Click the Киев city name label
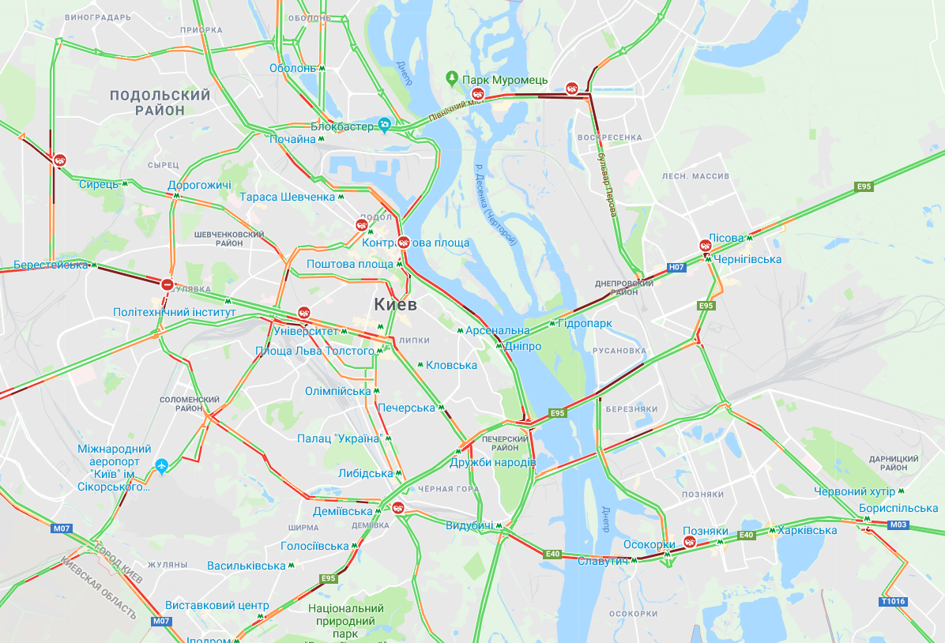[395, 304]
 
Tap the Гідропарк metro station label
[585, 323]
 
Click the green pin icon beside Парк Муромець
[451, 78]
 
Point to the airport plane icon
[163, 464]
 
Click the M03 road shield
[898, 525]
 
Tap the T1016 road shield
[893, 601]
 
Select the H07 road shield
[676, 268]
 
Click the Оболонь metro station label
[292, 68]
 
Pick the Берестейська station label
[51, 265]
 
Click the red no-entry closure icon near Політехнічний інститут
[167, 284]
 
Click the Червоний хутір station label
[854, 491]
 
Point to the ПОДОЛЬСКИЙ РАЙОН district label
[160, 103]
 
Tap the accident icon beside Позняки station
[690, 542]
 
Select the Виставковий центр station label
[216, 606]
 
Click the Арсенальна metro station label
[498, 330]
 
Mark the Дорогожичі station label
[199, 186]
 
